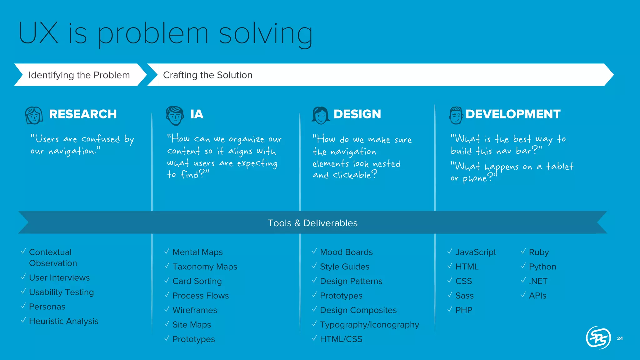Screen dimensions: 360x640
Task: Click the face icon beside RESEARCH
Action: pos(34,115)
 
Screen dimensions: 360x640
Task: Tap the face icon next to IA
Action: pos(175,115)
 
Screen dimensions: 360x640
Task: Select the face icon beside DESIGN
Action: pos(321,115)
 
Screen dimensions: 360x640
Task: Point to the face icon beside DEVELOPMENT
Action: pos(456,115)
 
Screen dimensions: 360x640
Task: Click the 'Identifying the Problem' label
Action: pos(79,75)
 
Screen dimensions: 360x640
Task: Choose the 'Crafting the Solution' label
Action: pos(207,75)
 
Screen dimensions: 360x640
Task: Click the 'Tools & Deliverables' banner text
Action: pos(312,223)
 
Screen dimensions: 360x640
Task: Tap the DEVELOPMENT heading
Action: pos(513,114)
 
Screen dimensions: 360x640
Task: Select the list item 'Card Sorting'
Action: pos(197,281)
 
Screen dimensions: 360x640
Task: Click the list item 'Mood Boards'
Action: pos(346,252)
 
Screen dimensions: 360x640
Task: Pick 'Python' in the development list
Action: pos(542,267)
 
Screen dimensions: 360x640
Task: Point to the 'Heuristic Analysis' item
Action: pos(63,321)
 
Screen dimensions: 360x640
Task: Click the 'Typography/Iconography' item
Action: pos(369,325)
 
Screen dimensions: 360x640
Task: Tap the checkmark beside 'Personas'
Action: pos(23,306)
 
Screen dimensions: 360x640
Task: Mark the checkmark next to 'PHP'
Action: pos(450,309)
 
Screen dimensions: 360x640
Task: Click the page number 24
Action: pos(620,338)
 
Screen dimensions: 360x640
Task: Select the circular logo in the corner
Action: pos(598,338)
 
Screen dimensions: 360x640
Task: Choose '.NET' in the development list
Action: pos(538,281)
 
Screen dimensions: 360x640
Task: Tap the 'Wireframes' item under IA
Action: pos(195,310)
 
